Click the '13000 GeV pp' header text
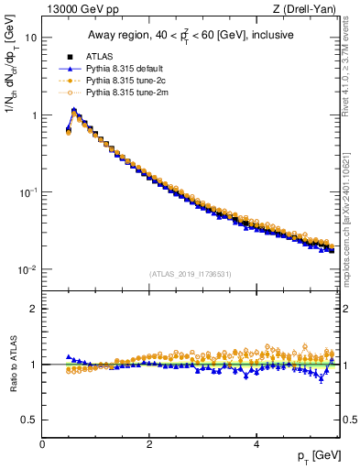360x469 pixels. (x=80, y=11)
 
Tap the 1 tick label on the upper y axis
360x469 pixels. (x=34, y=115)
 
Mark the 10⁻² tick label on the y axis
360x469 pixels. (x=29, y=269)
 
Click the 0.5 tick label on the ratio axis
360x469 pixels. (x=30, y=420)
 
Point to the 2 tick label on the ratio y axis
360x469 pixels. (x=35, y=309)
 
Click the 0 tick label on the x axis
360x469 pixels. (x=42, y=442)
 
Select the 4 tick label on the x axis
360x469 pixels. (x=256, y=442)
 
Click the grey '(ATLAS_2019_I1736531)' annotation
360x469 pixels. (x=191, y=273)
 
